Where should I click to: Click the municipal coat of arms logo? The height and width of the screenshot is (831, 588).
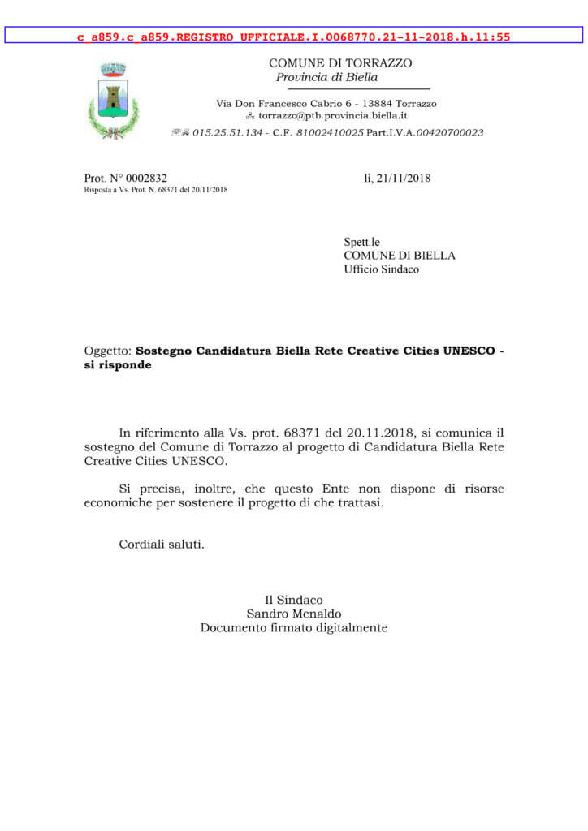pyautogui.click(x=113, y=100)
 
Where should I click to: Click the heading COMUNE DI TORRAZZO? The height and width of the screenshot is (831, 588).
pyautogui.click(x=340, y=63)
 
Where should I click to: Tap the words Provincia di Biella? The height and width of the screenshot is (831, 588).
pyautogui.click(x=326, y=77)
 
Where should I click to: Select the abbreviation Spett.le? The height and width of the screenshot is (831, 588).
pyautogui.click(x=361, y=242)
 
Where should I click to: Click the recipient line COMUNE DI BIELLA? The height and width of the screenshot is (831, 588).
pyautogui.click(x=400, y=256)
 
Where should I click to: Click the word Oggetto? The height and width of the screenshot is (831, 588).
pyautogui.click(x=106, y=351)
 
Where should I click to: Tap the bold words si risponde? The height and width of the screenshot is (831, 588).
pyautogui.click(x=118, y=365)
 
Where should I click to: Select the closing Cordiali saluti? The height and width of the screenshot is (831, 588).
pyautogui.click(x=162, y=544)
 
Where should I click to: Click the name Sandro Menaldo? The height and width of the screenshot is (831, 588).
pyautogui.click(x=294, y=614)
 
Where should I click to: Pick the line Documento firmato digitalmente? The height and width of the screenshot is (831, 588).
pyautogui.click(x=294, y=627)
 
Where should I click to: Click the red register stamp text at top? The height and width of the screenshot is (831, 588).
pyautogui.click(x=294, y=37)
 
